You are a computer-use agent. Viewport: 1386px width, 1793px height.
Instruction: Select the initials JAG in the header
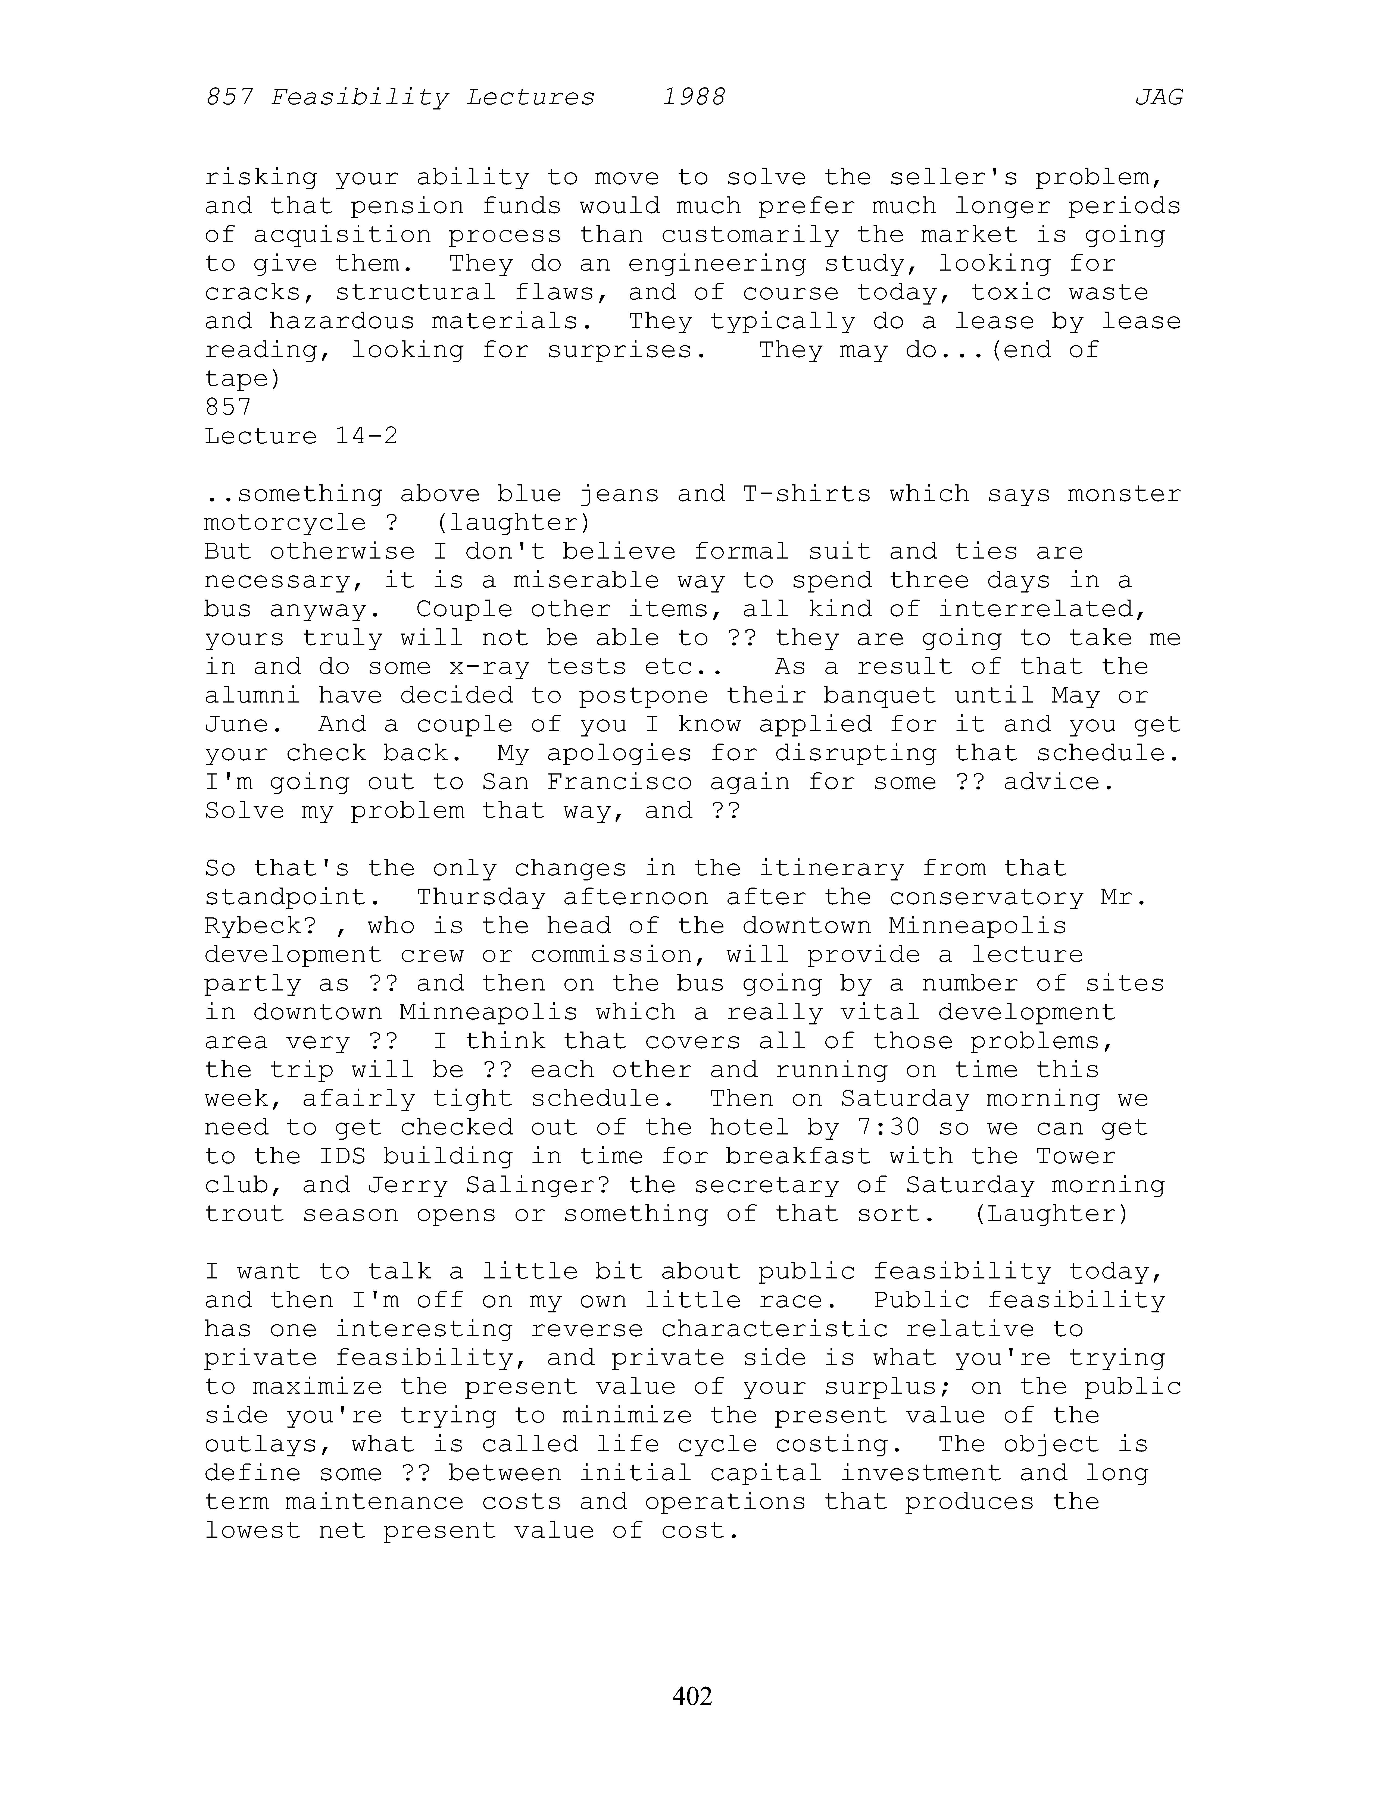tap(1158, 98)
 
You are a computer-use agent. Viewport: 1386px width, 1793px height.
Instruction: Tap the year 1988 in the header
tap(694, 98)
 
